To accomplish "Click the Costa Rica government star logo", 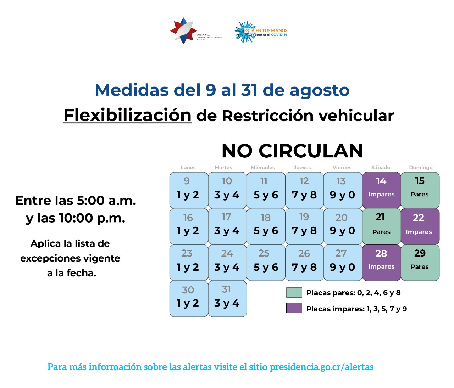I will [x=183, y=31].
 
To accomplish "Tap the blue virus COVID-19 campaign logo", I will [x=245, y=32].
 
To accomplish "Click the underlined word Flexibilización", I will [x=127, y=116].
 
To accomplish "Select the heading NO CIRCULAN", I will [x=292, y=151].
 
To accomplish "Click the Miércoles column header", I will [x=263, y=168].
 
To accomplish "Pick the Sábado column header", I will [x=381, y=168].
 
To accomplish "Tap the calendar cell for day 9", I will [x=189, y=190].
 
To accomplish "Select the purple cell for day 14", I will [x=382, y=190].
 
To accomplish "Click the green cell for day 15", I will [x=420, y=190].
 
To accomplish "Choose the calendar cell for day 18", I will [x=266, y=226].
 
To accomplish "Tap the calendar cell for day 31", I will [x=227, y=298].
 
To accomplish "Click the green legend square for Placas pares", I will [x=294, y=292].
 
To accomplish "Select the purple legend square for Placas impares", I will [x=294, y=308].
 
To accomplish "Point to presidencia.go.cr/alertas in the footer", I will [x=321, y=367].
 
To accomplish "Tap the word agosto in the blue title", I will [x=320, y=90].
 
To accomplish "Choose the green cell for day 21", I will [x=382, y=226].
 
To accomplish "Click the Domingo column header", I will [x=421, y=168].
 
